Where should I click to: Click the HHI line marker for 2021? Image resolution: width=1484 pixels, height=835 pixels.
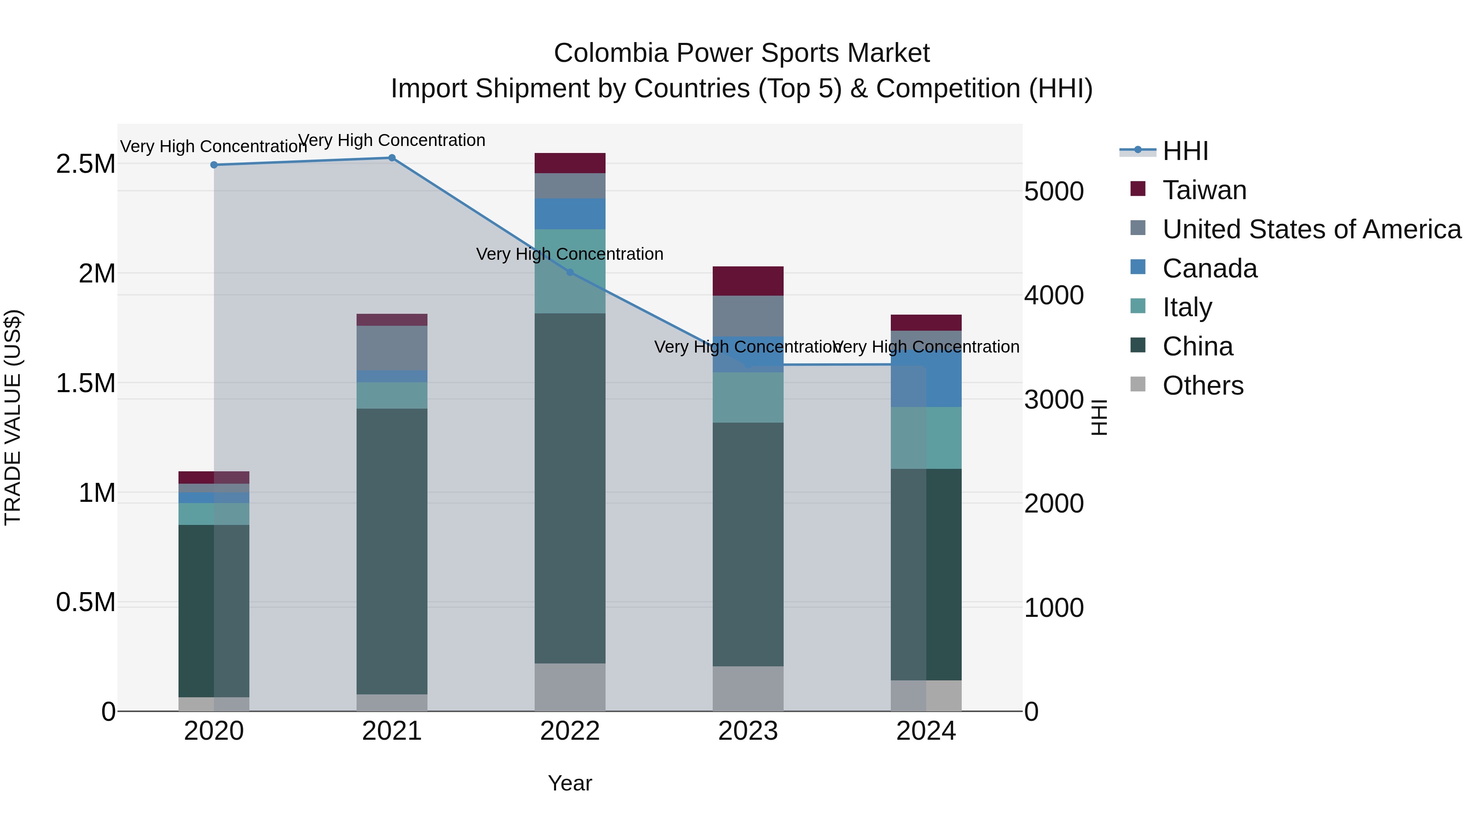coord(392,158)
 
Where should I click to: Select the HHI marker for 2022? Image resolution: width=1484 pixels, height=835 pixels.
coord(570,272)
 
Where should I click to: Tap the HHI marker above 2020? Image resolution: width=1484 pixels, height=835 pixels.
coord(214,165)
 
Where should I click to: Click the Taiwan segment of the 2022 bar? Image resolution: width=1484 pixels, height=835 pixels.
coord(570,163)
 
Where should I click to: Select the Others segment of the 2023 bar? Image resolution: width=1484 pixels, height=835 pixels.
coord(748,688)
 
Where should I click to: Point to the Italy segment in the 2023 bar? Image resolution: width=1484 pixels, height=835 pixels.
coord(748,397)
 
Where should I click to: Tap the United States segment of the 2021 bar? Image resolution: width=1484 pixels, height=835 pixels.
coord(392,348)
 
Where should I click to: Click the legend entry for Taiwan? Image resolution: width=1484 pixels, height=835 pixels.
coord(1204,190)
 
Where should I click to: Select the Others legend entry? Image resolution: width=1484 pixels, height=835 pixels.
coord(1202,386)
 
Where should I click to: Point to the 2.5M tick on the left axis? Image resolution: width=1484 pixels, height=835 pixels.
coord(85,164)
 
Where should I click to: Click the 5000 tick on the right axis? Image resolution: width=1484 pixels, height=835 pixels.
coord(1054,191)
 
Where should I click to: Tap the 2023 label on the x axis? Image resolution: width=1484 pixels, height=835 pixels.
coord(748,731)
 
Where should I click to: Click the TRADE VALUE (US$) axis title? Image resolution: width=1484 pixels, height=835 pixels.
coord(13,417)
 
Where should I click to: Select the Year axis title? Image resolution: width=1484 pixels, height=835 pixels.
coord(570,783)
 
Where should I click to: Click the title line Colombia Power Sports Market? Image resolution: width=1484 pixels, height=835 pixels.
coord(742,53)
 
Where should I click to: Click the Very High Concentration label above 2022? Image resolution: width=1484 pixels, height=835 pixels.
coord(570,254)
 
